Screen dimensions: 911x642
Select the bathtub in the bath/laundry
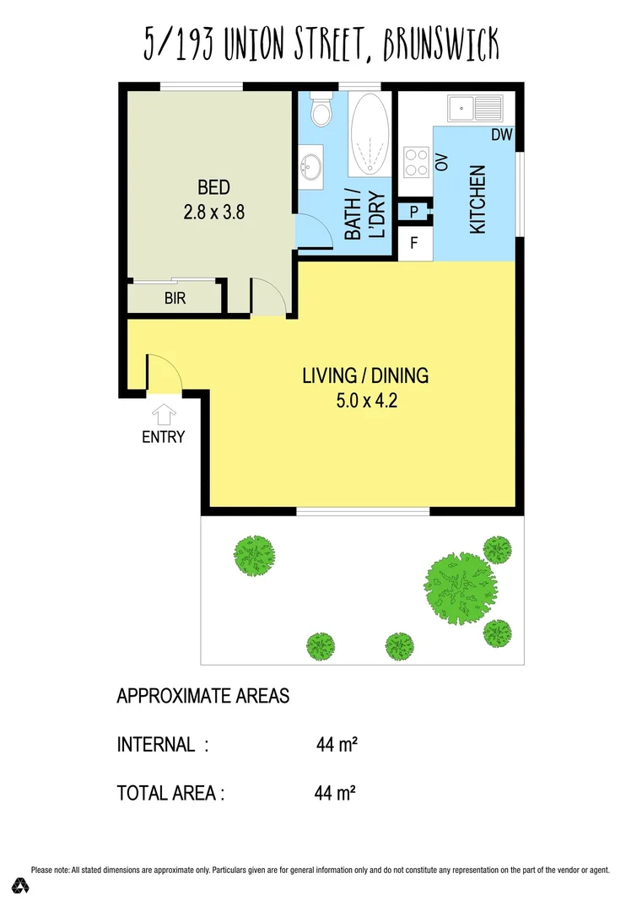370,135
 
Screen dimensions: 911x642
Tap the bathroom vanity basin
311,163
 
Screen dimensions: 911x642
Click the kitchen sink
475,108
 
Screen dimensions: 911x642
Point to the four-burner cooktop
416,161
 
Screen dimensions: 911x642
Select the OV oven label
440,162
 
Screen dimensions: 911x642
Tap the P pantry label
413,212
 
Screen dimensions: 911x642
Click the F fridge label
413,245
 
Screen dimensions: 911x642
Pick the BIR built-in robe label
175,298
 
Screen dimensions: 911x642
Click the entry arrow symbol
163,414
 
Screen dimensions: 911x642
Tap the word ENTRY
163,437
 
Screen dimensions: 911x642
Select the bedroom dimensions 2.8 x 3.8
213,213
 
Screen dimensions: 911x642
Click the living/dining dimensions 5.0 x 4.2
365,401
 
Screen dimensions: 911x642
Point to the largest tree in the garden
458,584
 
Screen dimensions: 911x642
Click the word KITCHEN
477,200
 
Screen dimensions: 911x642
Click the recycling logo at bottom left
21,885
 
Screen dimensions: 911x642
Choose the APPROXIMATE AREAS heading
202,696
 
